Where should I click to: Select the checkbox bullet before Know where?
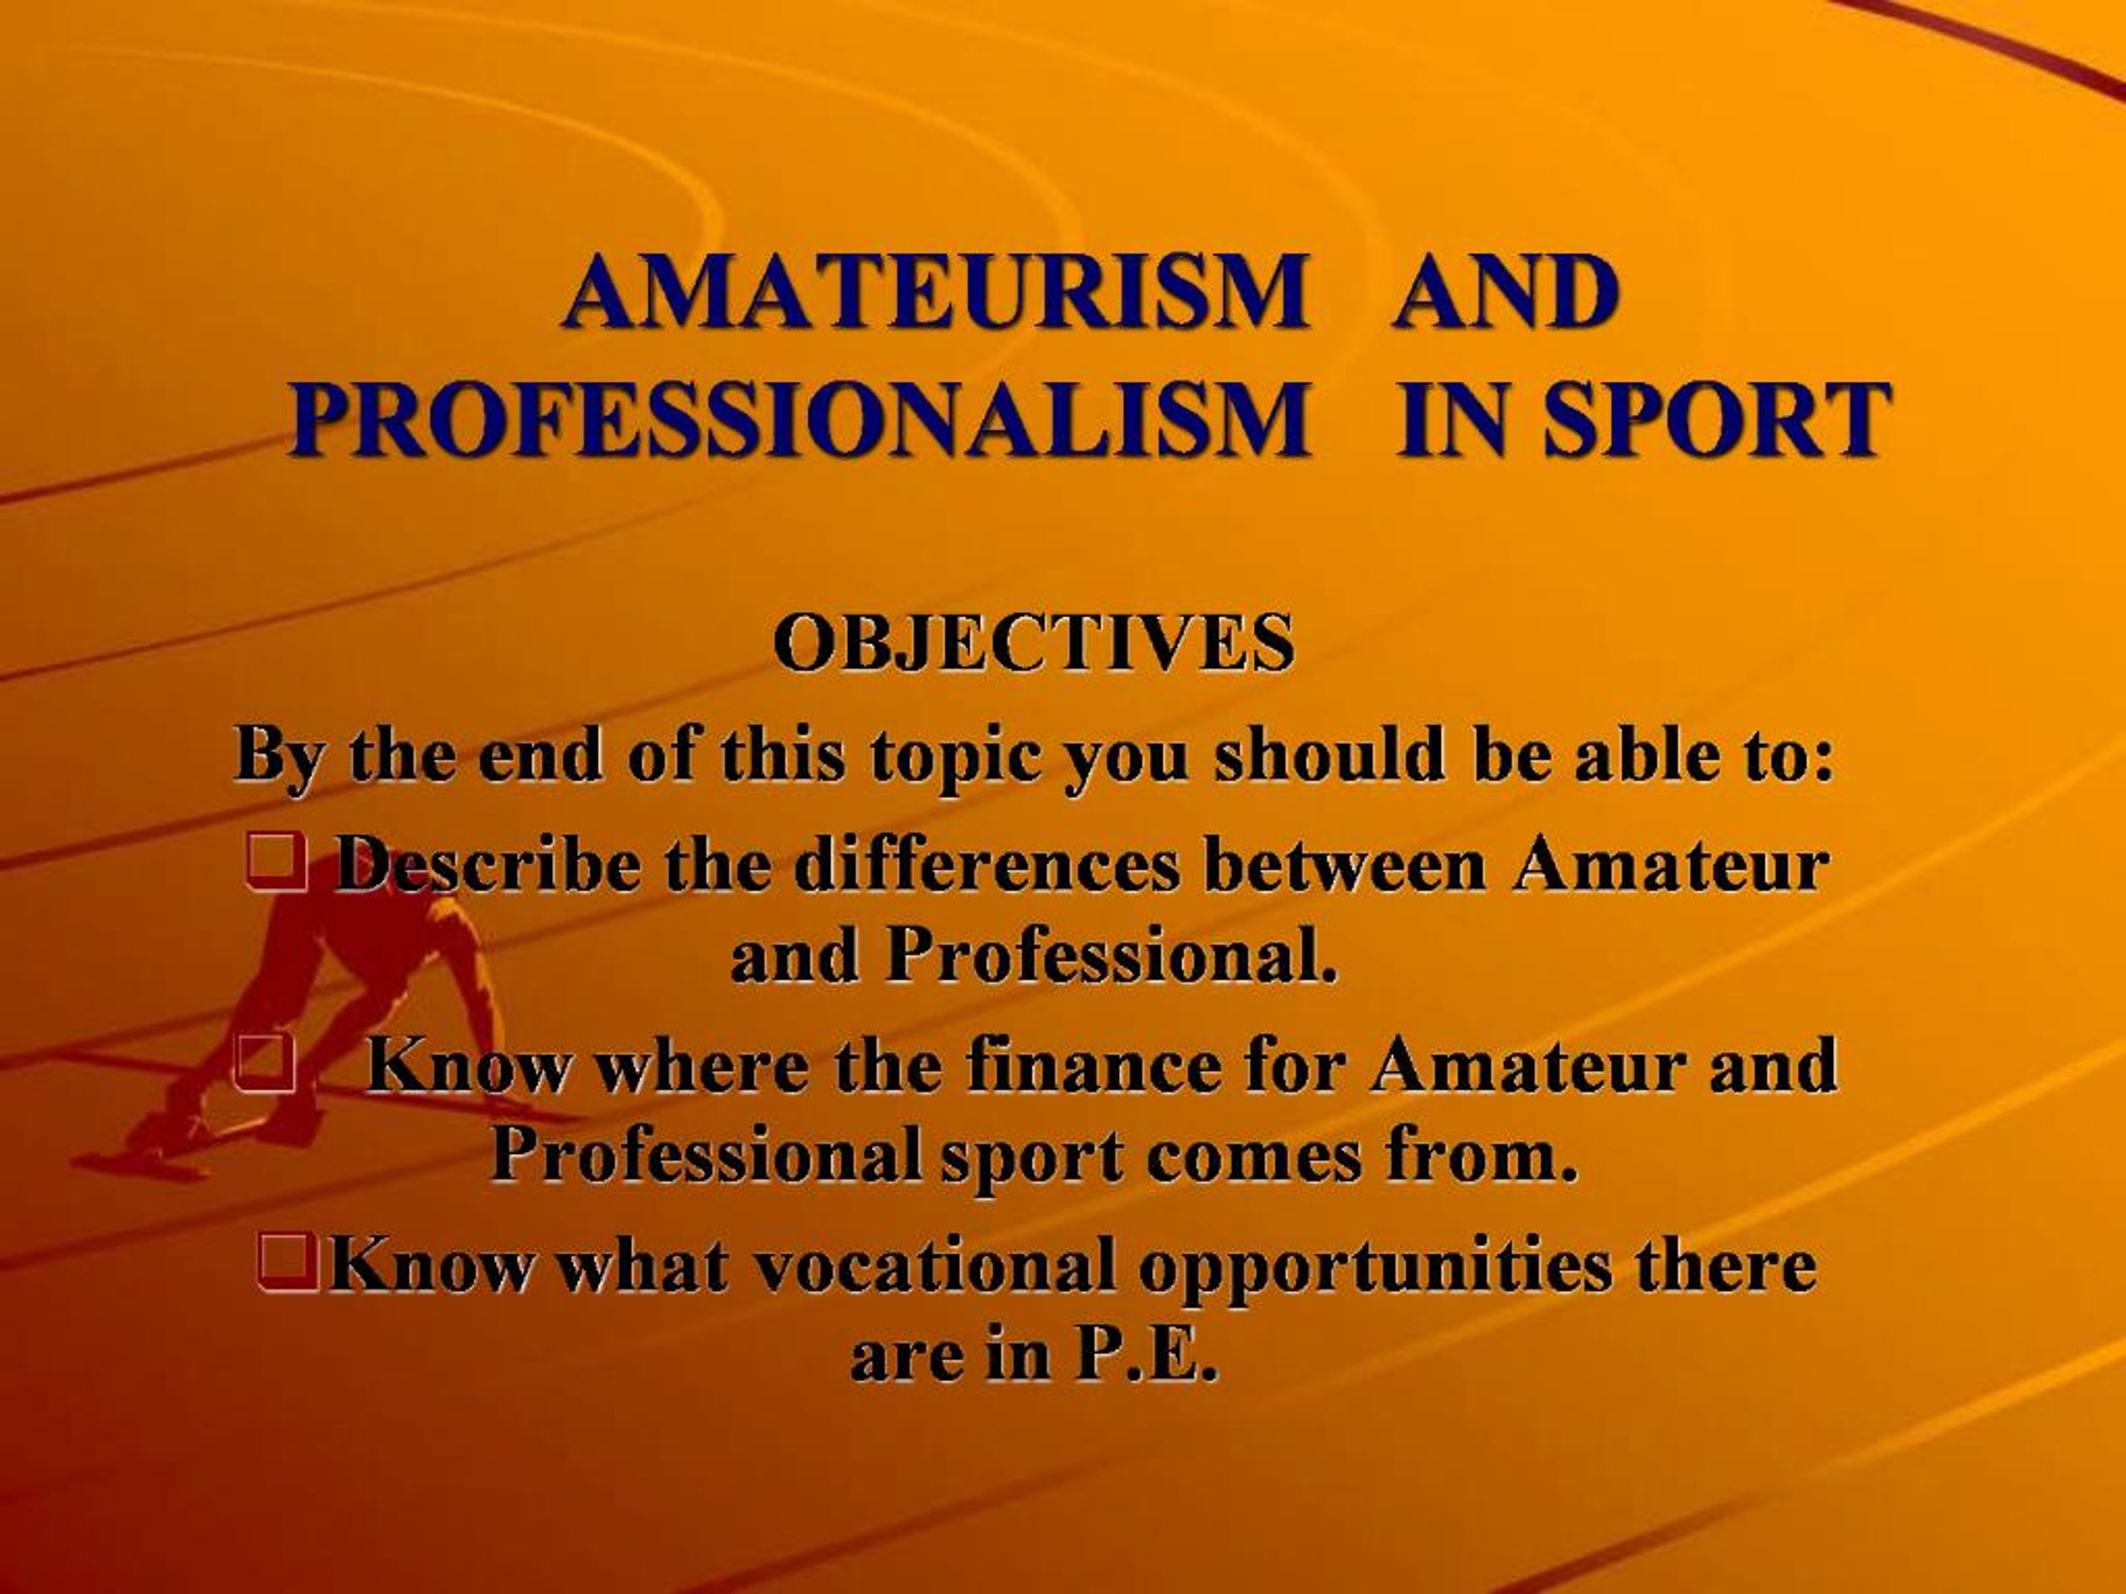click(263, 1063)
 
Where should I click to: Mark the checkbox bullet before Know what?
click(288, 1263)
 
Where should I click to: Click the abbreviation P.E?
click(1146, 1357)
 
